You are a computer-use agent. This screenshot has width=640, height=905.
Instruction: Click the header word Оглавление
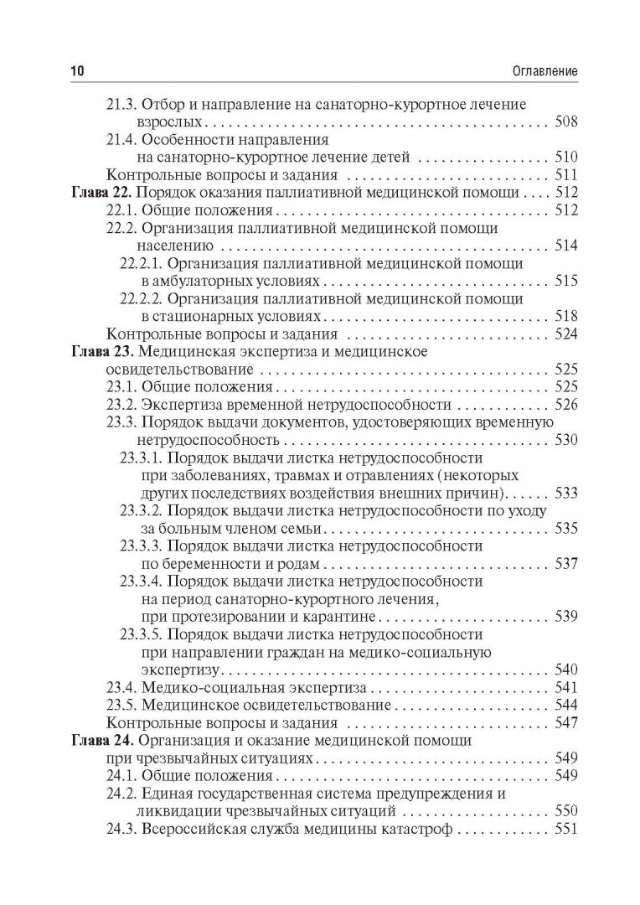click(538, 73)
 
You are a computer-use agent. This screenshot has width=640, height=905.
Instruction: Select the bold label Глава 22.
click(98, 193)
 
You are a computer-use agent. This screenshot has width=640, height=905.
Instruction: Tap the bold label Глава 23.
click(98, 351)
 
